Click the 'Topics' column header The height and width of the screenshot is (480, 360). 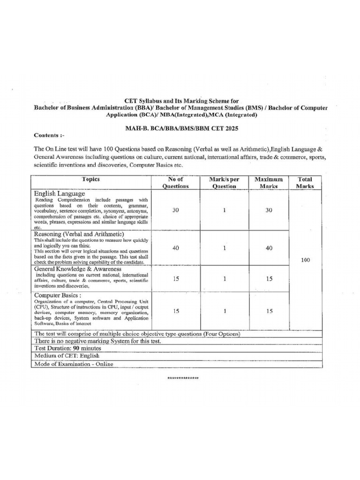coord(91,179)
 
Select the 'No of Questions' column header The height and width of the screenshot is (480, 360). coord(175,182)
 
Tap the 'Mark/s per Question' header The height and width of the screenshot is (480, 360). coord(225,182)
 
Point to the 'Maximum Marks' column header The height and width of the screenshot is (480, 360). coord(269,182)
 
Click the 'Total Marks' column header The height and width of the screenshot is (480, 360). coord(305,182)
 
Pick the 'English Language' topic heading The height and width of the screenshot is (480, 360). coord(59,193)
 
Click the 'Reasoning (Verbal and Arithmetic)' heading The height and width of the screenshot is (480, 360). coord(78,234)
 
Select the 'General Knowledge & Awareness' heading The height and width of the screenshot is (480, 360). coord(77,269)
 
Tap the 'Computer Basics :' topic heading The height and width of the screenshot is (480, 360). coord(58,295)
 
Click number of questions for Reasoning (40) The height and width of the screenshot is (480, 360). coord(175,248)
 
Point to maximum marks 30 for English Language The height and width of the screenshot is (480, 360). coord(269,210)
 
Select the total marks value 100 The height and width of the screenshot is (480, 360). coord(305,260)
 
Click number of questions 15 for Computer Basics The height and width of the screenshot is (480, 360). coord(175,310)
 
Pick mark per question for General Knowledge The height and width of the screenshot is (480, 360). coord(225,278)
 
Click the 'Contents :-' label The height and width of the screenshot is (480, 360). coord(49,135)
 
